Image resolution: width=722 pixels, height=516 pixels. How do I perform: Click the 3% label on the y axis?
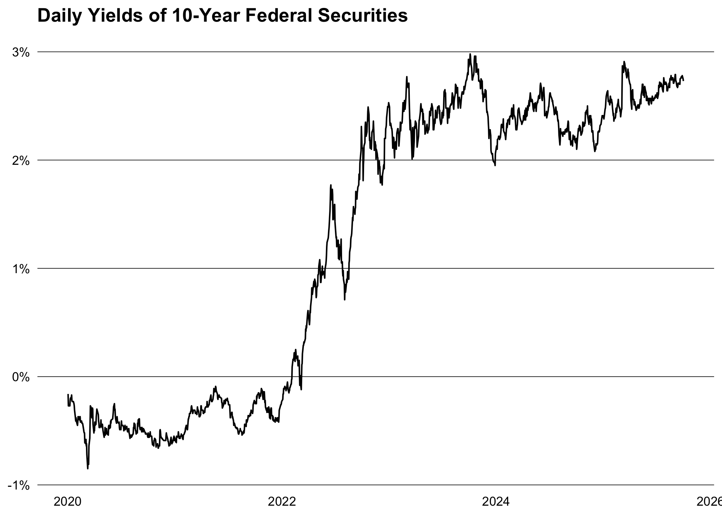click(x=21, y=53)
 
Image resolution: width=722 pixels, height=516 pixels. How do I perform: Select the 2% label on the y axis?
click(x=21, y=161)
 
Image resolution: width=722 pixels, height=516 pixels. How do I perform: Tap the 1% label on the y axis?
click(x=21, y=269)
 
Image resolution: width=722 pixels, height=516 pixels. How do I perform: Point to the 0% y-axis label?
click(x=21, y=377)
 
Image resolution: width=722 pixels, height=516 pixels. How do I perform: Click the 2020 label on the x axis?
click(x=68, y=502)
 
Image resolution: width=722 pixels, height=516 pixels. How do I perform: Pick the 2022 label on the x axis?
click(x=282, y=502)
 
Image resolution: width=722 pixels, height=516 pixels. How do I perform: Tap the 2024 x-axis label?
click(x=496, y=502)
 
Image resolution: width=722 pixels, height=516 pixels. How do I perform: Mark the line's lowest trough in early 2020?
click(x=88, y=468)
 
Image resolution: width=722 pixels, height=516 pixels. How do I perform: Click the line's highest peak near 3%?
click(x=470, y=54)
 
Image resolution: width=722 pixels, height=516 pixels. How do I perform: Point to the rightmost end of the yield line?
click(x=683, y=80)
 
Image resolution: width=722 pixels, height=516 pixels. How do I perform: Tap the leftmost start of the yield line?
click(x=68, y=395)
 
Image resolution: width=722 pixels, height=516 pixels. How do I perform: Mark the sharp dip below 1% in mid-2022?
click(x=344, y=299)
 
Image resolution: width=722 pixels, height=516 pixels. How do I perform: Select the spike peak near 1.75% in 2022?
click(x=331, y=185)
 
